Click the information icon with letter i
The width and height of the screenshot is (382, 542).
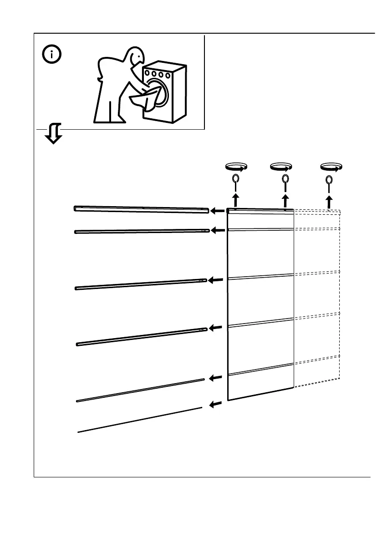click(x=53, y=55)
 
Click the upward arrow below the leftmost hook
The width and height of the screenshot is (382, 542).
click(x=235, y=200)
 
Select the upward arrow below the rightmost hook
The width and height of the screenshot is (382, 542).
click(x=329, y=202)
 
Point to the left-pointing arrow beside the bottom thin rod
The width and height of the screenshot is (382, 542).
click(x=216, y=404)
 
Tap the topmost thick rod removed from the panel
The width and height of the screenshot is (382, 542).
click(x=141, y=209)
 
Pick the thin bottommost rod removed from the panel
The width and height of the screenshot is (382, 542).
click(x=139, y=420)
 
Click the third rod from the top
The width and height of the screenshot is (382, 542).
click(x=141, y=284)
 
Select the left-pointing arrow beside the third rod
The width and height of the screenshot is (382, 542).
click(x=217, y=280)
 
